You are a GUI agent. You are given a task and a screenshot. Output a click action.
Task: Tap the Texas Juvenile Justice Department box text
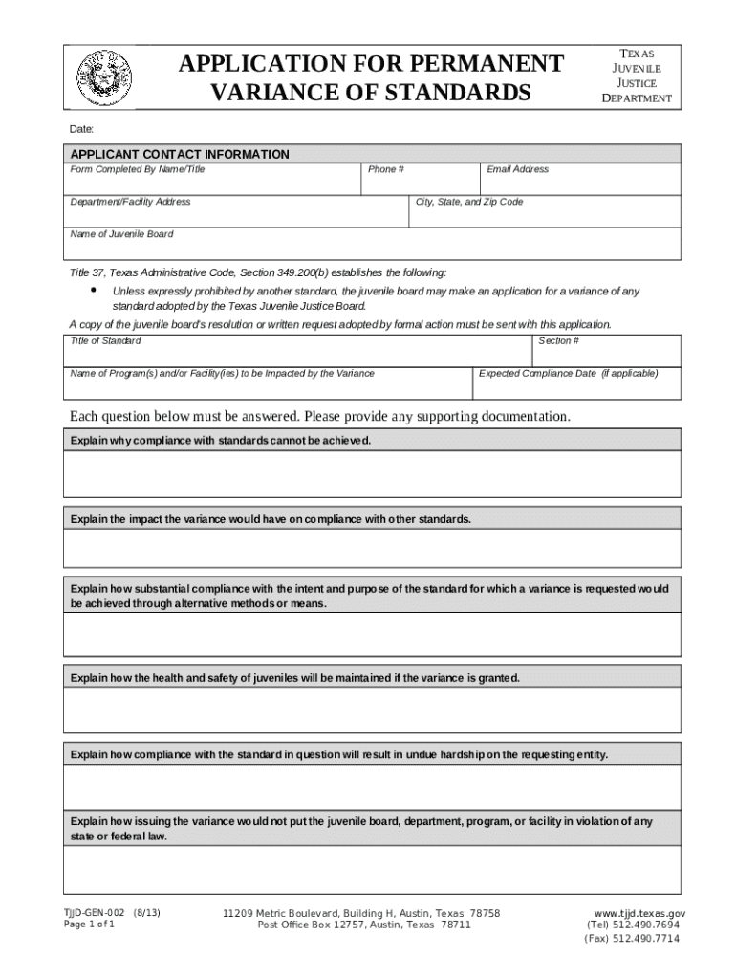click(x=636, y=76)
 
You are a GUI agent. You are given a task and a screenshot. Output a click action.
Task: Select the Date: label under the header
click(x=81, y=128)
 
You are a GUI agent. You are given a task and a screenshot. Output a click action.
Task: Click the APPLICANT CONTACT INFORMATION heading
click(x=180, y=154)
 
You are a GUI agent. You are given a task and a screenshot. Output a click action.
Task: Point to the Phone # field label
click(x=386, y=169)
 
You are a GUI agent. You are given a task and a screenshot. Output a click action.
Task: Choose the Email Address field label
click(x=517, y=169)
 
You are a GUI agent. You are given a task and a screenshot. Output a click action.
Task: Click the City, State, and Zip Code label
click(x=469, y=202)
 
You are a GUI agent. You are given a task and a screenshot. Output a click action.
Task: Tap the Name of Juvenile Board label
click(x=122, y=234)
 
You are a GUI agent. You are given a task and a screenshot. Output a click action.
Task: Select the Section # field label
click(x=558, y=341)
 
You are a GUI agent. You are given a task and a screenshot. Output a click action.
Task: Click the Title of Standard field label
click(x=106, y=341)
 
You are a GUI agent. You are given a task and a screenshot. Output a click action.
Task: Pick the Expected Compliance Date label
click(x=568, y=374)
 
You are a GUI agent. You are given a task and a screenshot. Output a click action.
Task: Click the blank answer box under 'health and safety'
click(x=372, y=710)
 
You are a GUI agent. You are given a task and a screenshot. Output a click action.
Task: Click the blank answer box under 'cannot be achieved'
click(x=372, y=474)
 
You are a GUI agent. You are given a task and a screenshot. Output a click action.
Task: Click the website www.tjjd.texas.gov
click(x=639, y=913)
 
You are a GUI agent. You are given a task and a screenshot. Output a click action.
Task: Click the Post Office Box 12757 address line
click(x=364, y=925)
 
